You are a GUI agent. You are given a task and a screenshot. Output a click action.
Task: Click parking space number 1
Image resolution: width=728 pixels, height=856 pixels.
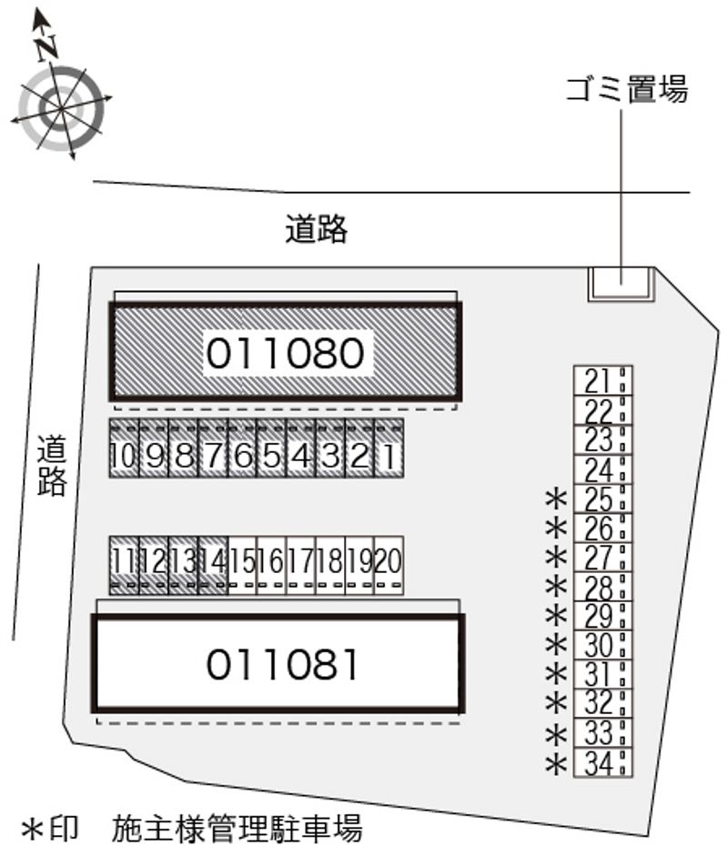(x=389, y=448)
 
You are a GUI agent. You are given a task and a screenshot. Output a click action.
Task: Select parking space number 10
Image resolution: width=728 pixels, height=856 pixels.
(x=124, y=448)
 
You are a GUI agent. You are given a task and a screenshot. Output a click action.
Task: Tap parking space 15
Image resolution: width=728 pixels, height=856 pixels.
(x=242, y=566)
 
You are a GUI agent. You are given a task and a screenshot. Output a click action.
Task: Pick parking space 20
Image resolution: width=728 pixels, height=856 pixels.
(x=389, y=566)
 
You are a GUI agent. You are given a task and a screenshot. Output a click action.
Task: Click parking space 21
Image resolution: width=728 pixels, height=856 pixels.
(x=603, y=380)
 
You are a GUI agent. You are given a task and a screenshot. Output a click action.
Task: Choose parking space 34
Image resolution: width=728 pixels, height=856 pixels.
(x=603, y=762)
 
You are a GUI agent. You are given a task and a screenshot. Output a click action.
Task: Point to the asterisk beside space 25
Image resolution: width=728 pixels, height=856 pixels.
(x=557, y=499)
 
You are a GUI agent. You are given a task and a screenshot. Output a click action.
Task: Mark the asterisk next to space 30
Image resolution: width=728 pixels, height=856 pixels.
(x=557, y=645)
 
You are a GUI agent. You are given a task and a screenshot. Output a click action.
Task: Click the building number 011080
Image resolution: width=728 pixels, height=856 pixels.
(x=286, y=353)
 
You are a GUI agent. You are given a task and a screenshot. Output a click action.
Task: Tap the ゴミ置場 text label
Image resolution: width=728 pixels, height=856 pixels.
(x=626, y=90)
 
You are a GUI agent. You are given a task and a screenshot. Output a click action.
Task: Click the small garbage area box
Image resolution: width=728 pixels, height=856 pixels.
(x=621, y=284)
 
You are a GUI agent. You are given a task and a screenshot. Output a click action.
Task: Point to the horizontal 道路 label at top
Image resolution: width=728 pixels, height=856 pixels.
(x=316, y=229)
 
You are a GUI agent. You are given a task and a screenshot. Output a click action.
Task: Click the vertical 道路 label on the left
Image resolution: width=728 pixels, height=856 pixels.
(x=52, y=465)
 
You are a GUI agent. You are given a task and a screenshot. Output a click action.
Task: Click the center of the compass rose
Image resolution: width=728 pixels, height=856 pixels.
(x=61, y=108)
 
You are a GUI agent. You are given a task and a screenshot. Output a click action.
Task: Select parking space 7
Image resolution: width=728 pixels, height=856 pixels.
(x=212, y=448)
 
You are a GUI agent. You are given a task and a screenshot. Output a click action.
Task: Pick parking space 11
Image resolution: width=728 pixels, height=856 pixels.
(x=124, y=566)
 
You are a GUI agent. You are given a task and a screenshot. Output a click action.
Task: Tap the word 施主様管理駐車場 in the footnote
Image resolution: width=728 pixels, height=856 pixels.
(x=237, y=829)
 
